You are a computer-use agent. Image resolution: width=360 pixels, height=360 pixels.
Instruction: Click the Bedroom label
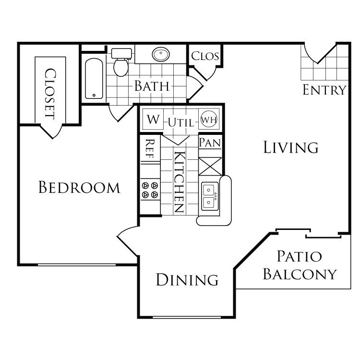[x=79, y=187]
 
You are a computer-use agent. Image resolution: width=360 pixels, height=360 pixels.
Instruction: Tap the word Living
[x=291, y=147]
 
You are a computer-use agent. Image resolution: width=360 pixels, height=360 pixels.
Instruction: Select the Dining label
[x=187, y=279]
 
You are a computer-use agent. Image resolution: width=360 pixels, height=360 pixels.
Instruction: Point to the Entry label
[x=324, y=90]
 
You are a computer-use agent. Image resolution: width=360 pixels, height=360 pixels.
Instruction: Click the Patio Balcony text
[x=300, y=265]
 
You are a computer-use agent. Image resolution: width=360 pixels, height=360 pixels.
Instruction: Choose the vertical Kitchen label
[x=179, y=182]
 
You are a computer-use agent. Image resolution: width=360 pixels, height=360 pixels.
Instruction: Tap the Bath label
[x=151, y=86]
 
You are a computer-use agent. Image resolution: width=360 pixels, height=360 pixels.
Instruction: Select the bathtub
[x=94, y=78]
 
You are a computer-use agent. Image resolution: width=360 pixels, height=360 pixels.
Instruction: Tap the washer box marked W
[x=153, y=119]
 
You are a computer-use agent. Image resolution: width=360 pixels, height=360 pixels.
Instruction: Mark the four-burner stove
[x=149, y=190]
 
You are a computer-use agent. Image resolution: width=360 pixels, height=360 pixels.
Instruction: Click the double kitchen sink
[x=209, y=196]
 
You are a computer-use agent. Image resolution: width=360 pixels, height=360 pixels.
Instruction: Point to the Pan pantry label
[x=210, y=143]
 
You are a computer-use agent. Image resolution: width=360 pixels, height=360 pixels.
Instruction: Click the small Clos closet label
[x=205, y=56]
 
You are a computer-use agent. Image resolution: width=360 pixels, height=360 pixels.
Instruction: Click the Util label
[x=181, y=123]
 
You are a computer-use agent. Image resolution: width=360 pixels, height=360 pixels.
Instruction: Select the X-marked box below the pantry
[x=210, y=166]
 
